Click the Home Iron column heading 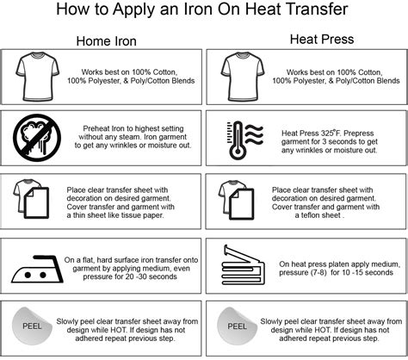(x=106, y=40)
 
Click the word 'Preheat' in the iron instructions (x=100, y=125)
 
